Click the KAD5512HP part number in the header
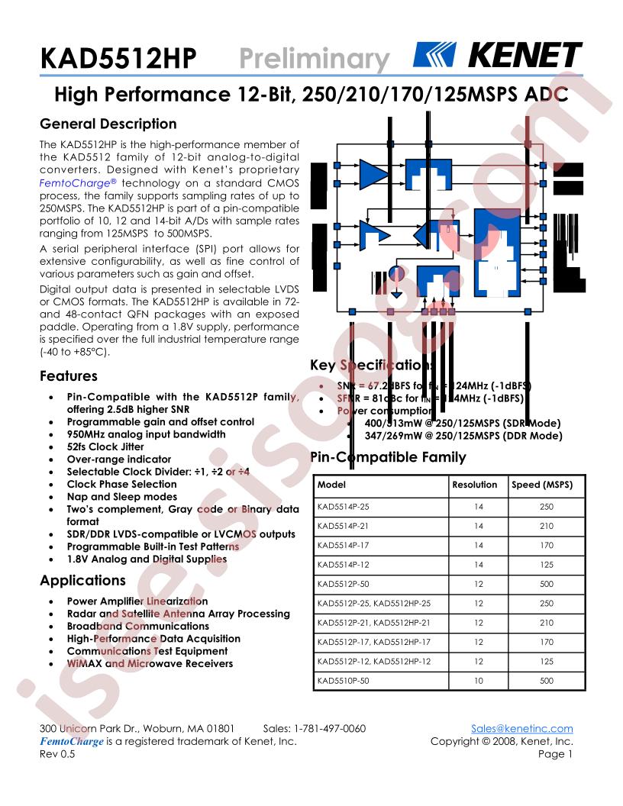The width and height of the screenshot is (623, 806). (x=118, y=59)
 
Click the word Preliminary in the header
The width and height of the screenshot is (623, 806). (x=315, y=59)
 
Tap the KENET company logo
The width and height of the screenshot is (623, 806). (x=497, y=56)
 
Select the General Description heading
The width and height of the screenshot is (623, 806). (x=108, y=124)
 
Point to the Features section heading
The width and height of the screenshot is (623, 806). (x=68, y=376)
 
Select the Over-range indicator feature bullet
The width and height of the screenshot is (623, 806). (x=118, y=459)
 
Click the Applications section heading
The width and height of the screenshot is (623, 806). (x=82, y=580)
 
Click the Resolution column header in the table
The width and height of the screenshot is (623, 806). (x=474, y=485)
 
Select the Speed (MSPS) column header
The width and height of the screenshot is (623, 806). (x=541, y=485)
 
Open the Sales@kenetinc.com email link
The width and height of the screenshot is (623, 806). (x=522, y=728)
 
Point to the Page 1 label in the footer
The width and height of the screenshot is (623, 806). (x=555, y=754)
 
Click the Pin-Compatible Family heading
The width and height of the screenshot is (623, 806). (x=388, y=457)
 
